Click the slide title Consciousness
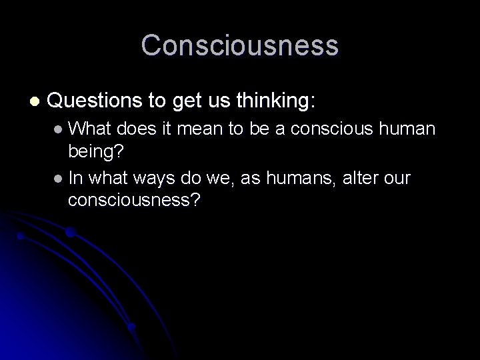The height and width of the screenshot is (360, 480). tap(240, 45)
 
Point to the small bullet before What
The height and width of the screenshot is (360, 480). tap(59, 129)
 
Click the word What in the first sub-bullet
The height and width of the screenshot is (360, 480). tap(89, 128)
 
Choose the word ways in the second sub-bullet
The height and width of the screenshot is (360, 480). tap(154, 179)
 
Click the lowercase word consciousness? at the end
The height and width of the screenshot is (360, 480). tap(133, 200)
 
